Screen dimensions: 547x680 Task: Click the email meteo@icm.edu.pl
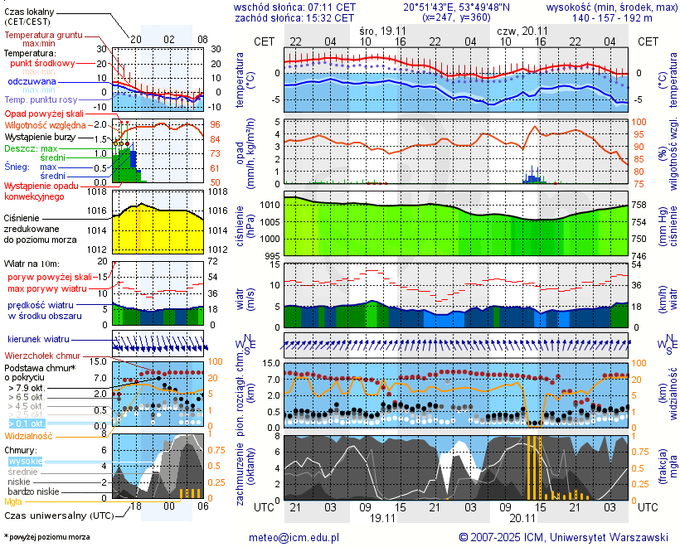click(294, 537)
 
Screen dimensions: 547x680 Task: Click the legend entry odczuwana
click(32, 82)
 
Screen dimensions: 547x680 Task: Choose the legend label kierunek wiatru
click(38, 340)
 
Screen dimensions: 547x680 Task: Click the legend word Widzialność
click(29, 435)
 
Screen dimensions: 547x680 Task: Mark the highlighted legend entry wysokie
click(24, 461)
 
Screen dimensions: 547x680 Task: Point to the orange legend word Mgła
click(13, 501)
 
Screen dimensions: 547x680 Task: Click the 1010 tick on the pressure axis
click(270, 205)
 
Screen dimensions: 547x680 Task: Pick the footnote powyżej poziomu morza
click(48, 537)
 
